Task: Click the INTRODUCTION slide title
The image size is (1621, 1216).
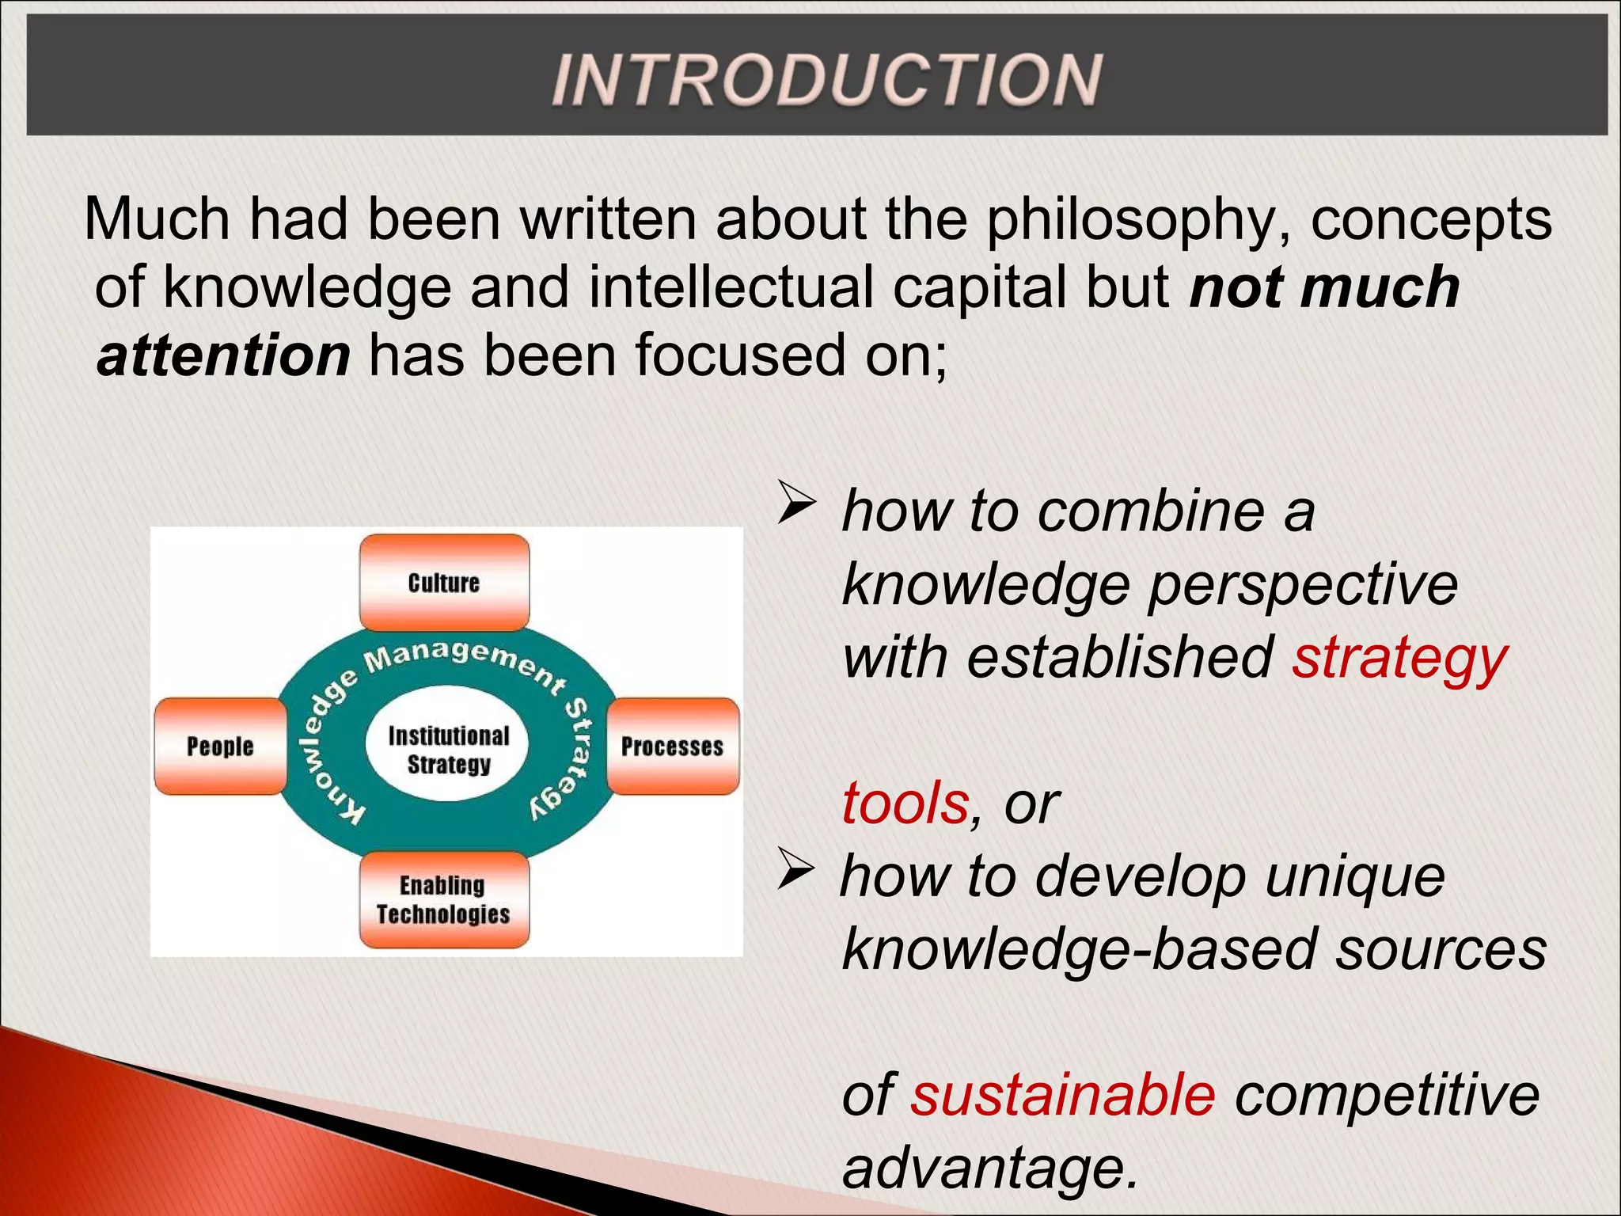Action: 826,79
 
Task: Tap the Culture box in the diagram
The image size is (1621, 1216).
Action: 444,583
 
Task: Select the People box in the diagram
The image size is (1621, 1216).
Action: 220,747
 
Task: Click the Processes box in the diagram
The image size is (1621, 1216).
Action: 672,747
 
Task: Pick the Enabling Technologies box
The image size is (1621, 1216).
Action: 444,900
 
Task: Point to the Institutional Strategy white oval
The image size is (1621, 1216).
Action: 448,750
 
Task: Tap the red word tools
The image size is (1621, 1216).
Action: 905,804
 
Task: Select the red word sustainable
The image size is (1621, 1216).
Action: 1062,1095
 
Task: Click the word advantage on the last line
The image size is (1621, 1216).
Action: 989,1168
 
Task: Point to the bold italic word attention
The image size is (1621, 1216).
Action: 223,355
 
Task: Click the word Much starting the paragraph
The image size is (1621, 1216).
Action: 157,219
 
